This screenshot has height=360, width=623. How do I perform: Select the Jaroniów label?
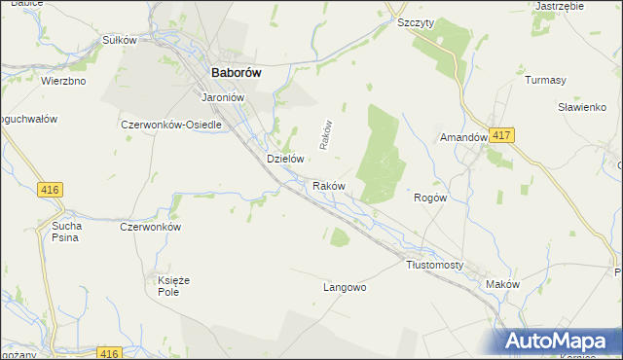(x=221, y=98)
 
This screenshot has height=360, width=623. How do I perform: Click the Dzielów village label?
(x=286, y=158)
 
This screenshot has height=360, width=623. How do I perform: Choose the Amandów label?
(x=463, y=138)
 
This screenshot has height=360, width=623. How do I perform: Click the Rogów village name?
(x=430, y=197)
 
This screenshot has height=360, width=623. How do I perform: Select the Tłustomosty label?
(x=434, y=265)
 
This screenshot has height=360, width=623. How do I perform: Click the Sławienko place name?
(x=582, y=107)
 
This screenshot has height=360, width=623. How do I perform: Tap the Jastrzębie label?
(x=560, y=6)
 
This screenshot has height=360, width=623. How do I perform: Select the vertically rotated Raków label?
(x=327, y=135)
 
